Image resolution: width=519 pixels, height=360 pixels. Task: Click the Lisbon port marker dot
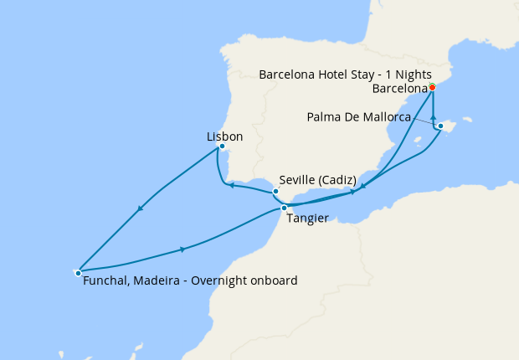(222, 147)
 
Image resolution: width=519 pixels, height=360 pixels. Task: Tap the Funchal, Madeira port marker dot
(78, 272)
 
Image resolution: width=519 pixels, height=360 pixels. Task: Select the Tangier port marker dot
(285, 208)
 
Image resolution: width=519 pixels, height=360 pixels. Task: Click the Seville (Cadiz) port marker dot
(275, 192)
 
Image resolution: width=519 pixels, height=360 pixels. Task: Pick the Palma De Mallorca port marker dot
(440, 126)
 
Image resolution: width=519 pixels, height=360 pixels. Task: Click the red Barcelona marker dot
(432, 87)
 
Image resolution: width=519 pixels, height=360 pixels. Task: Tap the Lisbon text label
(224, 136)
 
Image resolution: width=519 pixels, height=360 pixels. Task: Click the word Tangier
(306, 219)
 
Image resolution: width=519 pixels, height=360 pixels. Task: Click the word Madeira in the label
(161, 281)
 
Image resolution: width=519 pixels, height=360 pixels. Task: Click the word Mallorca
(383, 117)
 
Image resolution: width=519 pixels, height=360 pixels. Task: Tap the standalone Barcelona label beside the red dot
(398, 87)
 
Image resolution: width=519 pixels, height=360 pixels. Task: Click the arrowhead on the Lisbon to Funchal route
(141, 208)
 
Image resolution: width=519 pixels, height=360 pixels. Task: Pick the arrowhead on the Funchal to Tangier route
(182, 249)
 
